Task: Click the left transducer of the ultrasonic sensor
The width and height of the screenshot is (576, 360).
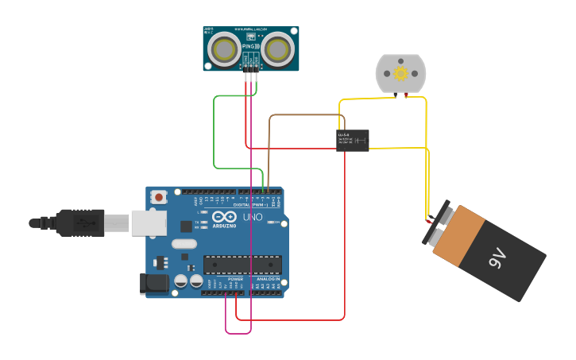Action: pyautogui.click(x=224, y=49)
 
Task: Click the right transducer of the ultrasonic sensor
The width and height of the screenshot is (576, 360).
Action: pyautogui.click(x=278, y=49)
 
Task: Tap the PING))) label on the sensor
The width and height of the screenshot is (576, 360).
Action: pyautogui.click(x=251, y=47)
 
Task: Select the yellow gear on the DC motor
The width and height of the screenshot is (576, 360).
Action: pyautogui.click(x=400, y=73)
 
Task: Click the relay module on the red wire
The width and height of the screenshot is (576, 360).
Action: pyautogui.click(x=352, y=140)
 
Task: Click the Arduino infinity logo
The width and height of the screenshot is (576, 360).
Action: pyautogui.click(x=224, y=217)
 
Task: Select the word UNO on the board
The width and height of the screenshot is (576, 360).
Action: pyautogui.click(x=252, y=217)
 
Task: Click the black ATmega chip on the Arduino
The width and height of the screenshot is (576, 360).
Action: pyautogui.click(x=242, y=265)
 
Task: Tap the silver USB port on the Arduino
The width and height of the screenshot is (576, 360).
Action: pyautogui.click(x=149, y=223)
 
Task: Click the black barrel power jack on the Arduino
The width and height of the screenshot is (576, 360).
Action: pyautogui.click(x=153, y=284)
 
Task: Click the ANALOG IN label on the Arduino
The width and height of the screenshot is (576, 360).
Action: pyautogui.click(x=268, y=279)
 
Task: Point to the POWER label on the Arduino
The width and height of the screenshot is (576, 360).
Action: pyautogui.click(x=235, y=279)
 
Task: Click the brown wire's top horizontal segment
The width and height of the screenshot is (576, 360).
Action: pyautogui.click(x=306, y=115)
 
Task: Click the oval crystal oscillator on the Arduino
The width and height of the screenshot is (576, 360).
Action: pyautogui.click(x=184, y=244)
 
